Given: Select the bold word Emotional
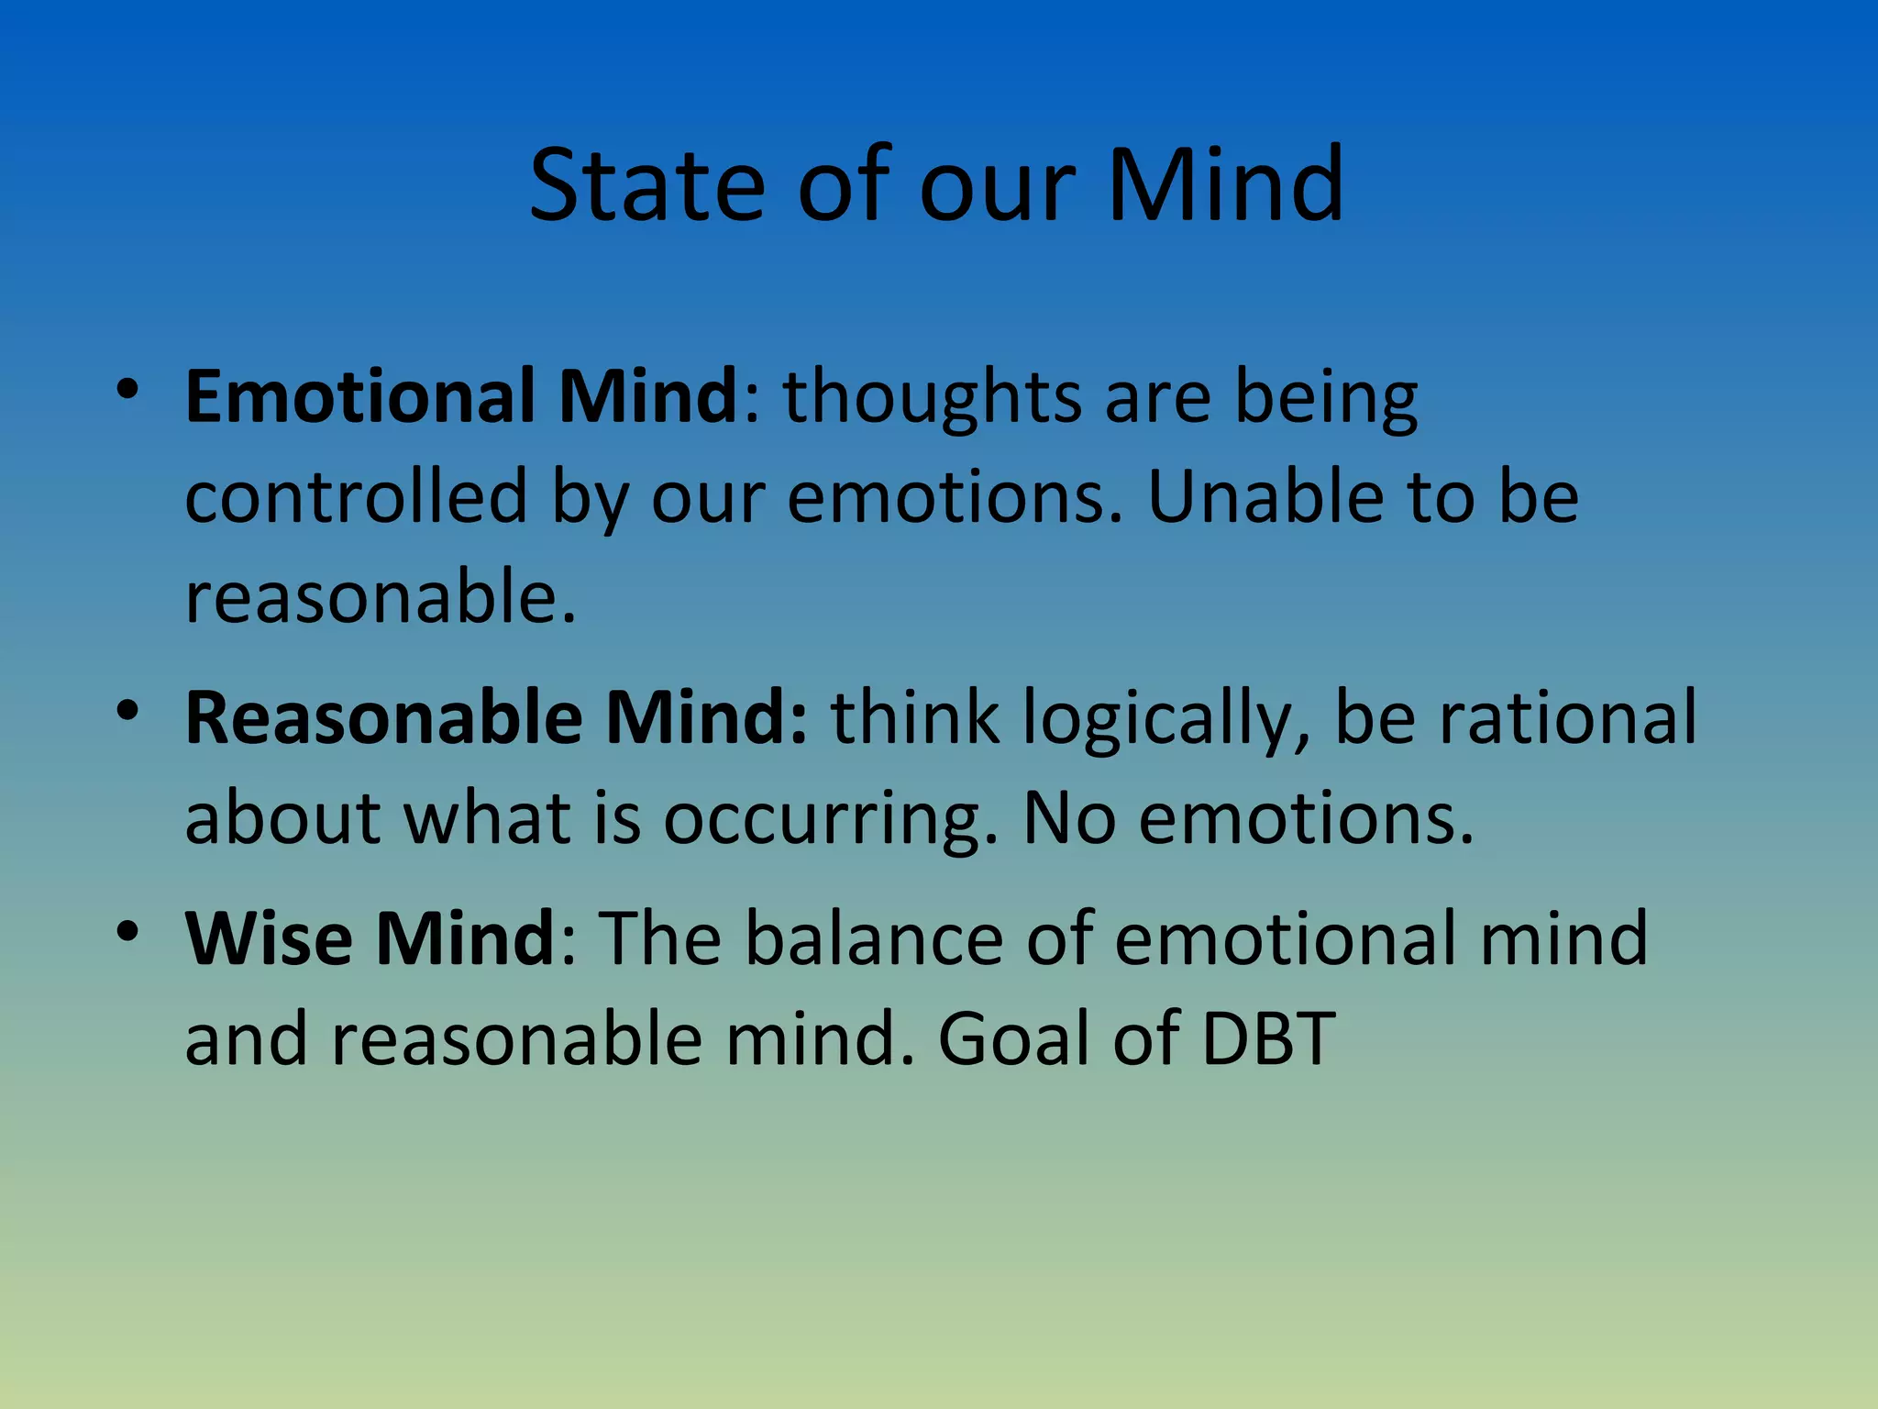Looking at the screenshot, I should click(359, 396).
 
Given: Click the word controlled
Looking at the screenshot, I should click(356, 497).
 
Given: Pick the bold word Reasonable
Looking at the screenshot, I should click(383, 717).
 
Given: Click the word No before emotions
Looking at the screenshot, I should click(1068, 818).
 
